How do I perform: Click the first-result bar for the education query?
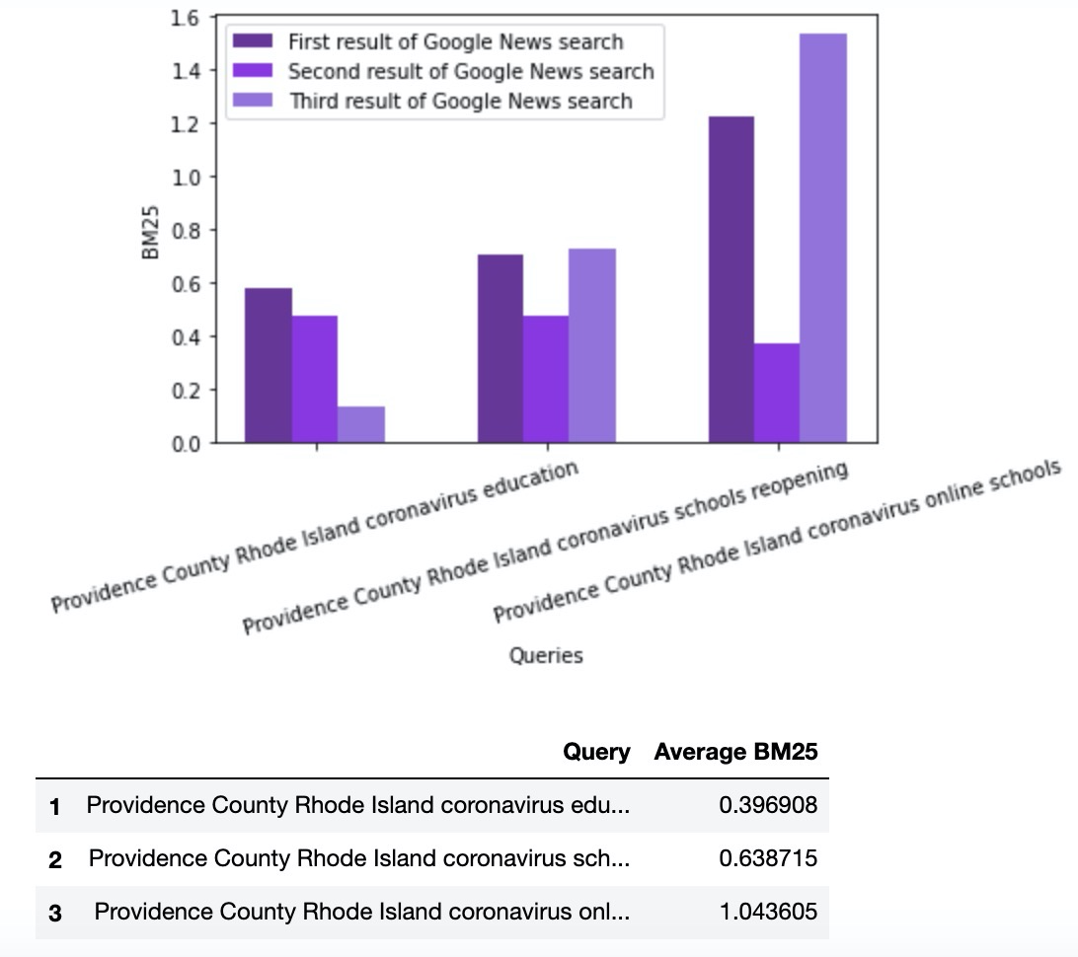tap(268, 365)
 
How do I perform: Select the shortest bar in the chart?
tap(361, 424)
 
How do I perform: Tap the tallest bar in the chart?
tap(823, 238)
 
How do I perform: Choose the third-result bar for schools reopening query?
tap(592, 345)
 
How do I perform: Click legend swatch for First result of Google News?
tap(252, 41)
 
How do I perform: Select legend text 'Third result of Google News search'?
tap(460, 101)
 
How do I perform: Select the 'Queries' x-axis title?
tap(546, 655)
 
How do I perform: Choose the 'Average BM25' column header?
tap(735, 752)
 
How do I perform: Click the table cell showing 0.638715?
tap(768, 858)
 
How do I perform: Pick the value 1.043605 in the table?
tap(768, 912)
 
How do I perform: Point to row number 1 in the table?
tap(55, 806)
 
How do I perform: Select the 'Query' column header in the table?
tap(596, 752)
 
